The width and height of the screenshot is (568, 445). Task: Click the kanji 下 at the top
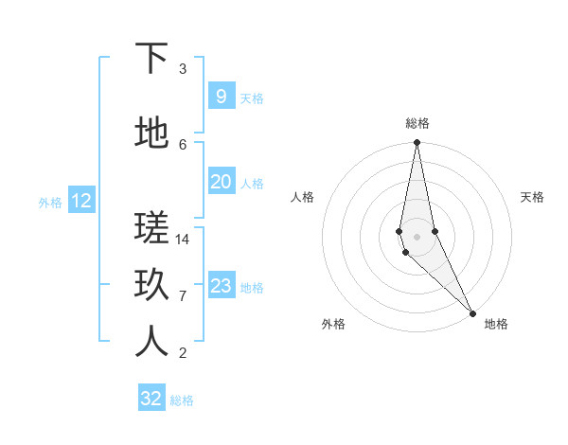[151, 59]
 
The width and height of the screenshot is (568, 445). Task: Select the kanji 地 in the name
[151, 134]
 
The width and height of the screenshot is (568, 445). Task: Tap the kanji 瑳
[151, 229]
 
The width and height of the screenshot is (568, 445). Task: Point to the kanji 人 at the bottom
[151, 343]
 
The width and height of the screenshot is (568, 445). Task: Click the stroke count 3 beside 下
[183, 69]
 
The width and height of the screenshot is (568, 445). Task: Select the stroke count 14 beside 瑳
[183, 240]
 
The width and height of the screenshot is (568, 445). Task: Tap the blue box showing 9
[221, 96]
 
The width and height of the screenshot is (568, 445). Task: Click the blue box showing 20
[221, 182]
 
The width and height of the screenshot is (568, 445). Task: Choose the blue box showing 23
[221, 286]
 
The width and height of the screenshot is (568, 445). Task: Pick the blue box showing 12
[80, 201]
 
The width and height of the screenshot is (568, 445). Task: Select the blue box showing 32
[151, 399]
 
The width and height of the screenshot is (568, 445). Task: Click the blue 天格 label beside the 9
[252, 98]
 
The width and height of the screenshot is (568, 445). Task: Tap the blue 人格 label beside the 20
[252, 184]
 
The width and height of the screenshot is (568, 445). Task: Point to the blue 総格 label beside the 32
[183, 400]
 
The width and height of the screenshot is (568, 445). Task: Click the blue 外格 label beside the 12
[50, 203]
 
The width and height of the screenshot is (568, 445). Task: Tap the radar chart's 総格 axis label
[417, 123]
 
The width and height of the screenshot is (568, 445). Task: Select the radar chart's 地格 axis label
[496, 324]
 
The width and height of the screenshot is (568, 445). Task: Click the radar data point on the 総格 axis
[417, 143]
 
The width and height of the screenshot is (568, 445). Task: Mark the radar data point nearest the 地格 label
[472, 311]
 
